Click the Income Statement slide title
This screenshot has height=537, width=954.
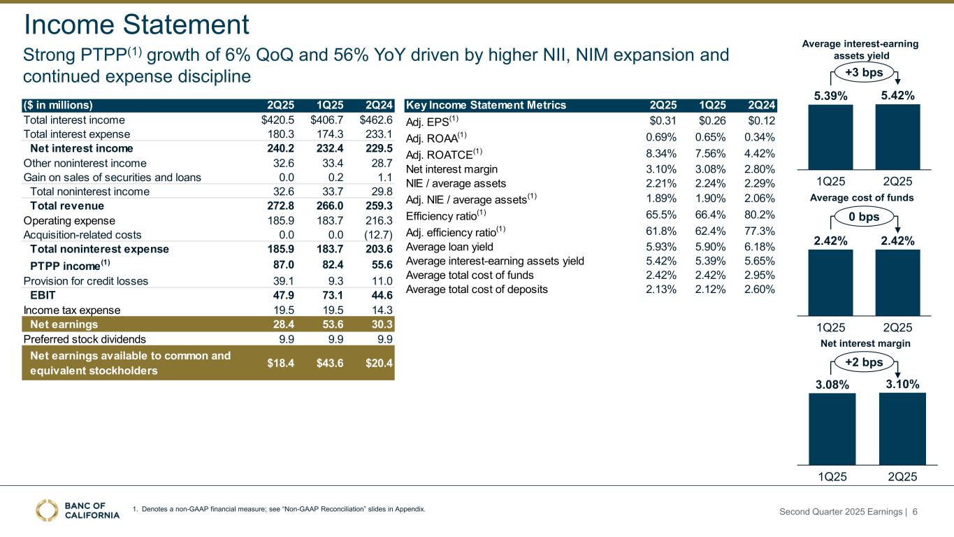pos(136,25)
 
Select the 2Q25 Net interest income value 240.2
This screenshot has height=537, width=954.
pos(274,148)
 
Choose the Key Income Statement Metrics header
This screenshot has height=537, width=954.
pos(486,105)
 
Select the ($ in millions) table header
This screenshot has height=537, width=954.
pos(59,105)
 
